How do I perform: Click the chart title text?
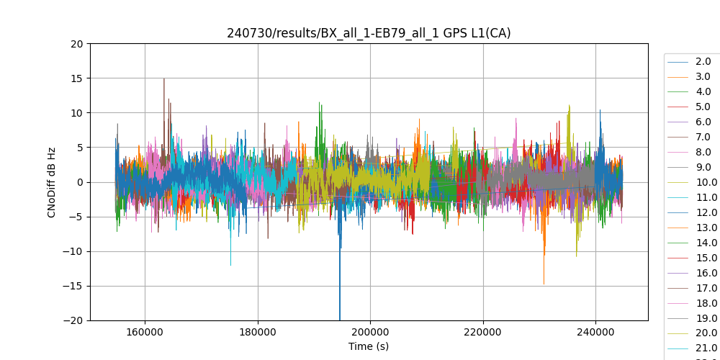click(x=369, y=33)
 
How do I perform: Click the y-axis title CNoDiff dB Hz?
click(x=52, y=182)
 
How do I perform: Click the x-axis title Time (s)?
click(x=369, y=346)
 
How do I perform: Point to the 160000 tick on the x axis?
click(x=145, y=333)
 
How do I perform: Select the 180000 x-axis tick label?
click(x=258, y=333)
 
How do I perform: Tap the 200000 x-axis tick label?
click(x=370, y=333)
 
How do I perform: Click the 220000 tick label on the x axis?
click(x=483, y=333)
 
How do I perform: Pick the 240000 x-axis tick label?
click(x=595, y=333)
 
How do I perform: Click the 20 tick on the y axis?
click(x=77, y=44)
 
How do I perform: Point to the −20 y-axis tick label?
click(x=73, y=320)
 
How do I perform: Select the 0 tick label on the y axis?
click(x=80, y=182)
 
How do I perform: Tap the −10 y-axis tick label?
click(x=73, y=251)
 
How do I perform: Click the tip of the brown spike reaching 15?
click(x=164, y=78)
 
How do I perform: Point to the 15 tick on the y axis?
click(x=77, y=78)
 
